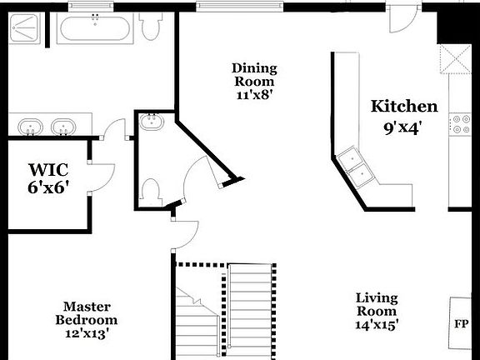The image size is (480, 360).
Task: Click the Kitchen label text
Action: tap(404, 107)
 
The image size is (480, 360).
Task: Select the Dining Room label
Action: tap(254, 75)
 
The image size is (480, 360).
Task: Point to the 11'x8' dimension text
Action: tap(254, 95)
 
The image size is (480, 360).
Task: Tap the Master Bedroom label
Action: tap(86, 313)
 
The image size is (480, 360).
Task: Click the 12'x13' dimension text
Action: tap(86, 332)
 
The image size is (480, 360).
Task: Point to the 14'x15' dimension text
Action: tap(377, 324)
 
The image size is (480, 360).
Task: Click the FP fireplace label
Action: tap(461, 323)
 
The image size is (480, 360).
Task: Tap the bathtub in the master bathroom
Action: tap(94, 29)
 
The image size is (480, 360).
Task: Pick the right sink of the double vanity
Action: tap(62, 127)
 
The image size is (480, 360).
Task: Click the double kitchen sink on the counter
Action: tap(356, 167)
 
